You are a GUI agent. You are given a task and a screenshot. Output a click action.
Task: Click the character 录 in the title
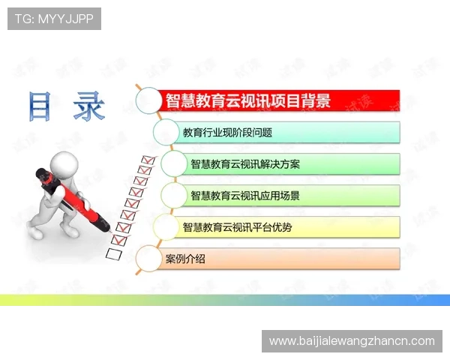pos(89,107)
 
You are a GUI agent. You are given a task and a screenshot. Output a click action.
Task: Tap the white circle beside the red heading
pos(148,100)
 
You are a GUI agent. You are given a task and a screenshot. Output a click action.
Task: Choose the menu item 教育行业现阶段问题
pos(227,133)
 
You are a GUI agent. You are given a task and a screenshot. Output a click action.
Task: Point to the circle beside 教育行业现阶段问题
pos(166,132)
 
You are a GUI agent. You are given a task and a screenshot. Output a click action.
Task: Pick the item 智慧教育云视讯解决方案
pos(245,164)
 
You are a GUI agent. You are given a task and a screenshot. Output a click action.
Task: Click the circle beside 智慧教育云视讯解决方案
pos(174,163)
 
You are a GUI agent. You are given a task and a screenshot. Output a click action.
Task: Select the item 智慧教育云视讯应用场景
pos(245,196)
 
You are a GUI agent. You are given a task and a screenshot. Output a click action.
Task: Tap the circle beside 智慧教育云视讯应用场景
pos(174,195)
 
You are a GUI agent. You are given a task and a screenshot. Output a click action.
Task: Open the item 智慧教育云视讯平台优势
pos(237,226)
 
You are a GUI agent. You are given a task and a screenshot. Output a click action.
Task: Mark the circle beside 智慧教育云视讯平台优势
pos(165,226)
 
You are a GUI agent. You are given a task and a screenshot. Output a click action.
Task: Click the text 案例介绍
pos(185,259)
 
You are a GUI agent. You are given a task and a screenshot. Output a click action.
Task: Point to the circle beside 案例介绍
pos(148,259)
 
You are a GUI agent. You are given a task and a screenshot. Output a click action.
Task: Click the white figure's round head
pos(59,163)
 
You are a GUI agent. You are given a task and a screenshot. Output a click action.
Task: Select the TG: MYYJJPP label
pos(54,19)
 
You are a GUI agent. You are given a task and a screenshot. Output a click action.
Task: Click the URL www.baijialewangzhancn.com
pos(351,341)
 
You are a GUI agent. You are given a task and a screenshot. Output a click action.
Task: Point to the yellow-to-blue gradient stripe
pos(225,300)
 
